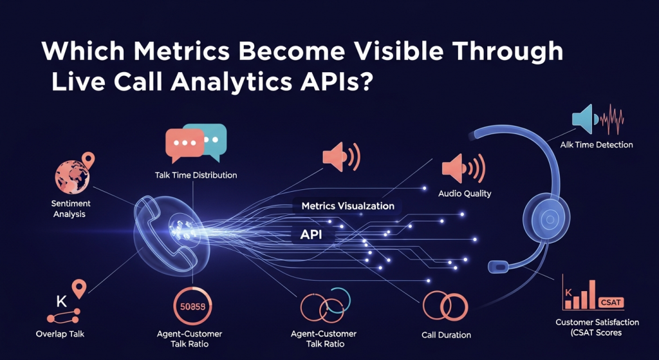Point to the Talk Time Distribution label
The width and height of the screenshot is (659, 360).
tap(196, 175)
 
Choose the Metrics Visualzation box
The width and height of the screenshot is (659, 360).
tap(348, 206)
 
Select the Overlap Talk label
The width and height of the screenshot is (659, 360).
tap(60, 334)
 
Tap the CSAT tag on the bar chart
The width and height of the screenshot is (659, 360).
tap(610, 302)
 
